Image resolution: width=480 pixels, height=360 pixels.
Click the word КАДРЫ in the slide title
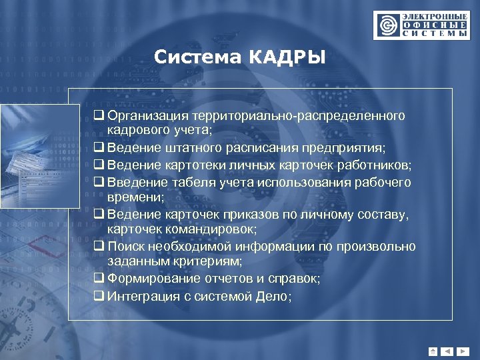pyautogui.click(x=288, y=58)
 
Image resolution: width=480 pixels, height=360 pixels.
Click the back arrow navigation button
pyautogui.click(x=447, y=351)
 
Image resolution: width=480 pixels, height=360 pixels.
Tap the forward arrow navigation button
pyautogui.click(x=462, y=351)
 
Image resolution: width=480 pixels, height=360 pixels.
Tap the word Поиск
pyautogui.click(x=125, y=247)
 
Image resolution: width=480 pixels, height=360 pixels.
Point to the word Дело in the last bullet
pyautogui.click(x=272, y=296)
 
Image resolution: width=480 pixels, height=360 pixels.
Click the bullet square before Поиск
pyautogui.click(x=99, y=247)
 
